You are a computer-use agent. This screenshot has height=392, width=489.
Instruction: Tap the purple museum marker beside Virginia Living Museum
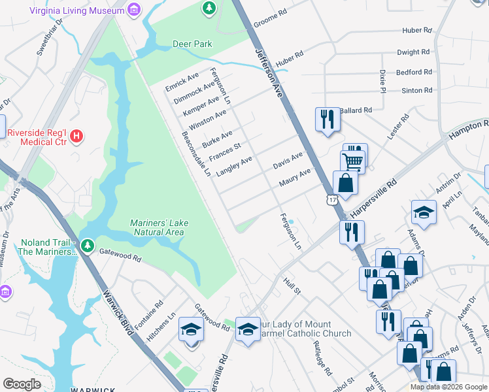pyautogui.click(x=134, y=9)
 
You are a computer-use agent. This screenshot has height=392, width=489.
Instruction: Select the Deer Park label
pyautogui.click(x=192, y=44)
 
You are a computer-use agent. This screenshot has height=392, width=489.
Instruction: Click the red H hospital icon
pyautogui.click(x=77, y=137)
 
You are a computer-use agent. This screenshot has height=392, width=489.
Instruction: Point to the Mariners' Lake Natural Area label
pyautogui.click(x=158, y=227)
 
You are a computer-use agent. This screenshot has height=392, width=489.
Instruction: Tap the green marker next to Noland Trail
pyautogui.click(x=87, y=248)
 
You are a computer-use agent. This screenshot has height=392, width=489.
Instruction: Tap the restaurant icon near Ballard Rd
pyautogui.click(x=328, y=119)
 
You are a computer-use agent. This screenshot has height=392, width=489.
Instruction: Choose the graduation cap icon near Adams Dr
pyautogui.click(x=423, y=212)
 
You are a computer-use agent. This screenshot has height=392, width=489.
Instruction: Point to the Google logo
pyautogui.click(x=22, y=384)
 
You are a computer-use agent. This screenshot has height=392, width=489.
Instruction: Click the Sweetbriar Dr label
pyautogui.click(x=50, y=38)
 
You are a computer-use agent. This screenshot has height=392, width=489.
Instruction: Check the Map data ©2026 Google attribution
pyautogui.click(x=448, y=387)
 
